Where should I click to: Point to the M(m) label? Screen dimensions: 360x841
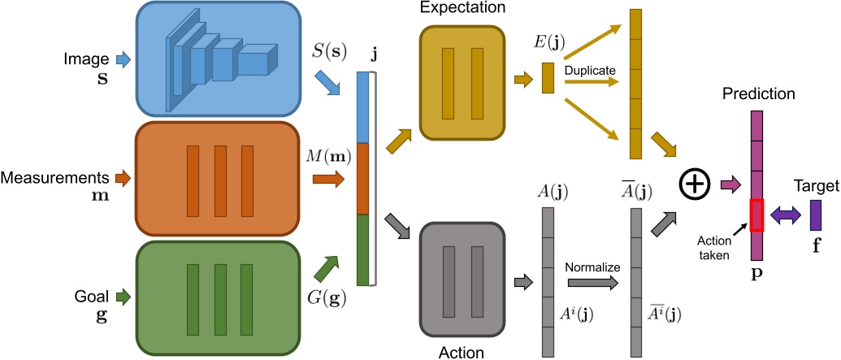(328, 156)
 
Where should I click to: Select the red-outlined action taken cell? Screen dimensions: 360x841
(756, 215)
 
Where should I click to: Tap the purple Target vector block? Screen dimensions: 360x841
(817, 215)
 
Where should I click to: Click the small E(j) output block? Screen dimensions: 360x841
(547, 77)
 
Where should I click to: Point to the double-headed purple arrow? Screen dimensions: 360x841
(787, 215)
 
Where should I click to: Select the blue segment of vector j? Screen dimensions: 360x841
(363, 108)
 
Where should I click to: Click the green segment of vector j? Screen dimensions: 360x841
(363, 249)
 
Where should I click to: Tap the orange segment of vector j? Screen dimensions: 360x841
(363, 179)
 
